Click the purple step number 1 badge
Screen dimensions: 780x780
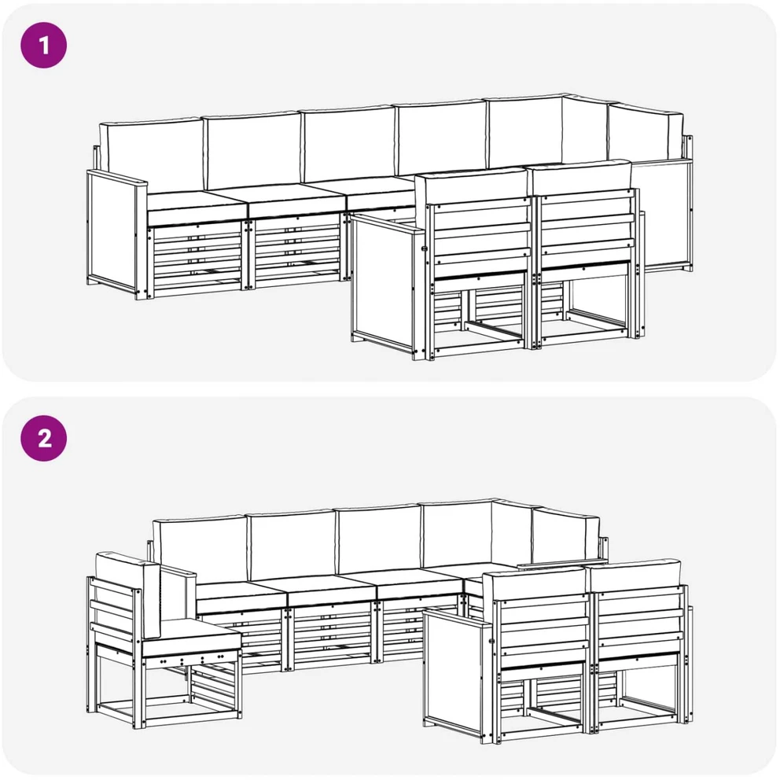tap(44, 45)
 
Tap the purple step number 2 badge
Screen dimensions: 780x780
tap(44, 438)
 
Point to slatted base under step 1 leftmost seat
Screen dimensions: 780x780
tap(197, 259)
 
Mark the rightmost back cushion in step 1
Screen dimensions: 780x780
tap(646, 132)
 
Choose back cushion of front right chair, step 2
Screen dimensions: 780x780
tap(635, 577)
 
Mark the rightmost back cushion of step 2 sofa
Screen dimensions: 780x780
tap(566, 535)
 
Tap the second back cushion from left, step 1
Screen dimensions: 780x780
tap(253, 150)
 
